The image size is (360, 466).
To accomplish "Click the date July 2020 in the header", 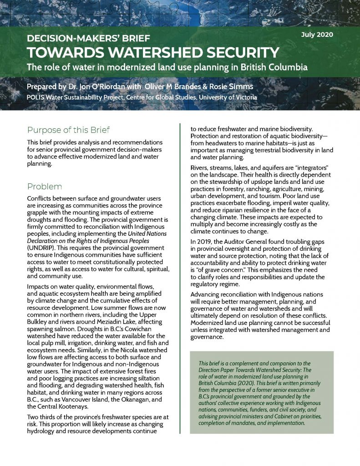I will [318, 35].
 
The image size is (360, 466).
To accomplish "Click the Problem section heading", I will [45, 187].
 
